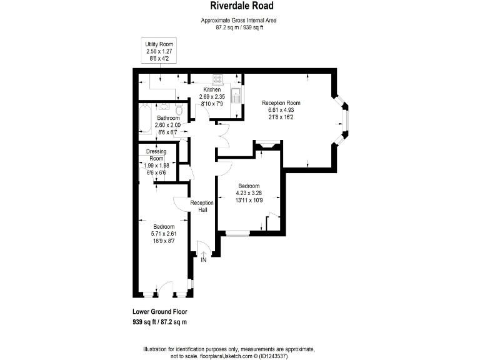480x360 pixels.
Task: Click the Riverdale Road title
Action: coord(239,6)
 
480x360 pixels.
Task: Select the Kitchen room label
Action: coord(212,90)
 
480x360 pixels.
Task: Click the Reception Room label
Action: coord(281,103)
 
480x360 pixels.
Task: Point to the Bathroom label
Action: coord(168,118)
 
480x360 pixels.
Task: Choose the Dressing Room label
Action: coord(156,155)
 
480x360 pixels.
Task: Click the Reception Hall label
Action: coord(202,206)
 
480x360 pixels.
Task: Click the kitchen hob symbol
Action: coord(219,79)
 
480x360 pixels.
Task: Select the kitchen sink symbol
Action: coord(236,96)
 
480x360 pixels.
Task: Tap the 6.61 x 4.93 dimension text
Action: coord(281,111)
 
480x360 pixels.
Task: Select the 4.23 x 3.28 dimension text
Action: coord(248,193)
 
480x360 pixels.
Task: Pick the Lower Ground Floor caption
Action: coord(160,311)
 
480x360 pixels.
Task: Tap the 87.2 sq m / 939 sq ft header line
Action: coord(239,27)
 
